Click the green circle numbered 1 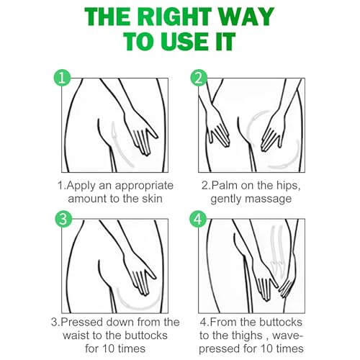click(x=62, y=78)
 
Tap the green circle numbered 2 click(x=199, y=78)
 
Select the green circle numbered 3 click(x=63, y=219)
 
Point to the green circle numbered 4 click(x=198, y=219)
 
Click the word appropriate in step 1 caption click(x=144, y=186)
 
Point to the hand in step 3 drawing click(x=139, y=275)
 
